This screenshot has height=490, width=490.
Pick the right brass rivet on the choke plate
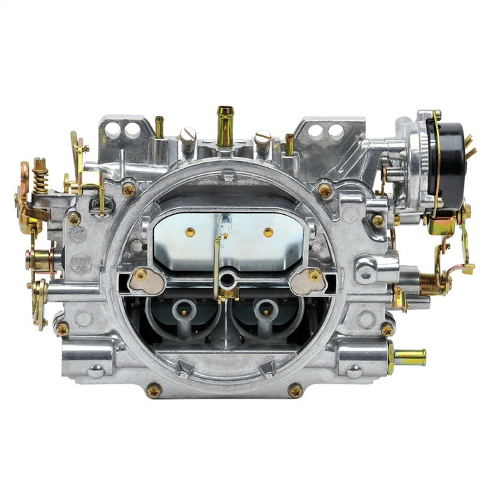click(x=267, y=231)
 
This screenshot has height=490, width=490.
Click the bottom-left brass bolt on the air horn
click(x=153, y=390)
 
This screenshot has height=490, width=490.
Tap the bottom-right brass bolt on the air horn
click(x=295, y=390)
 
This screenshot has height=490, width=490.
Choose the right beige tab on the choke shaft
click(x=308, y=280)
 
